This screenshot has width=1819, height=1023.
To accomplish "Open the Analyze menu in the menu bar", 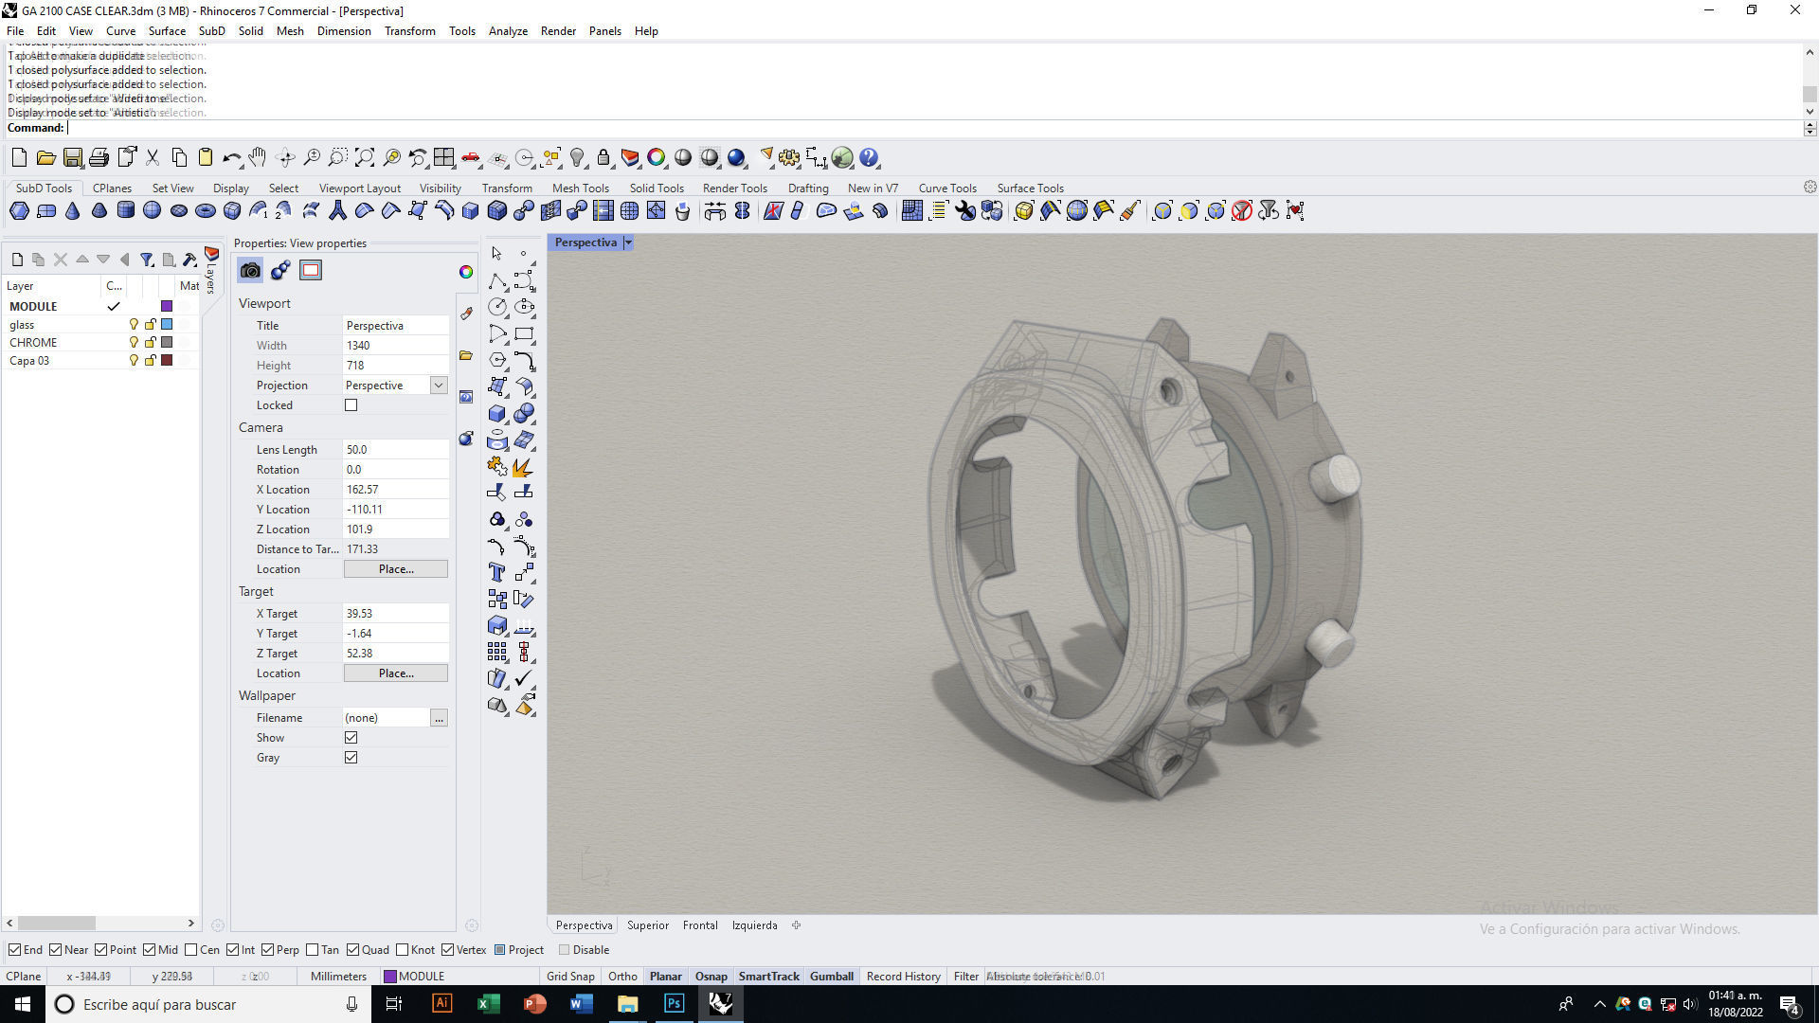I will [x=508, y=31].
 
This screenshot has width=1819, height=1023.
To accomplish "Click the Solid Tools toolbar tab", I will [x=656, y=188].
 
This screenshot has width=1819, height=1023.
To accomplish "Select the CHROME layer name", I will [x=33, y=342].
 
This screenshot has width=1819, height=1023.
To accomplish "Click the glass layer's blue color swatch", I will [x=167, y=324].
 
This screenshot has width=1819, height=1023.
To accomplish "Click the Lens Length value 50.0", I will [x=394, y=450].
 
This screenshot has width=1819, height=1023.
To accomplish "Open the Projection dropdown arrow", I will [x=439, y=386].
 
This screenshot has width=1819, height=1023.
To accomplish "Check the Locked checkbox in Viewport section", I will [x=351, y=405].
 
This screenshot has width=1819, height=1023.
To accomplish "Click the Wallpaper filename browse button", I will [x=439, y=718].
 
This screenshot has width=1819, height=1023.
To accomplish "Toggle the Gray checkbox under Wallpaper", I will [x=351, y=758].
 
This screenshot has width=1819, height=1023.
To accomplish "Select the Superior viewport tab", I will [x=648, y=925].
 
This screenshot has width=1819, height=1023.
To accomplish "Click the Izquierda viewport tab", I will [x=754, y=925].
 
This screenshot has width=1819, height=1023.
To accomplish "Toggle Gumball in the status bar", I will [x=831, y=976].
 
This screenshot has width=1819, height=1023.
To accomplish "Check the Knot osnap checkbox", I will [x=403, y=950].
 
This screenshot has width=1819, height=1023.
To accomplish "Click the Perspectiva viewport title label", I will [x=585, y=242].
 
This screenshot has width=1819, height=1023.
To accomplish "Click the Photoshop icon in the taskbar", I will [x=674, y=1004].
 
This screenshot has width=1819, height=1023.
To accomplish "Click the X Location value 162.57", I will [x=394, y=490].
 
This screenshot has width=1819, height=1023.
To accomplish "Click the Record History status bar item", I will [x=903, y=976].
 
